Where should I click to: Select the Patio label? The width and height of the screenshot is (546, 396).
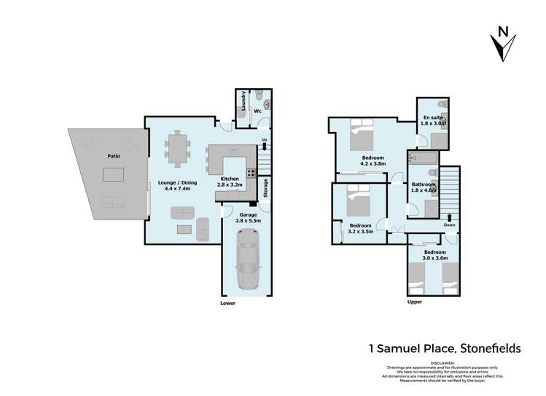pos(112,155)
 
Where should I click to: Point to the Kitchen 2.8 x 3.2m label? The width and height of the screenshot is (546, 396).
pos(230,182)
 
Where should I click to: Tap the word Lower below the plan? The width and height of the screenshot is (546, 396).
pos(229,301)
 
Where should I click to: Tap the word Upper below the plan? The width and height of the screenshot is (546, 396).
pos(415,301)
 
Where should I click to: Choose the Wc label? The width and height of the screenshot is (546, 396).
pos(257,112)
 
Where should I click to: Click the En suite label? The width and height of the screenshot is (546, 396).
pos(434,120)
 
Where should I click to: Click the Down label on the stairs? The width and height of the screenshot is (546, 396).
pos(450,225)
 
